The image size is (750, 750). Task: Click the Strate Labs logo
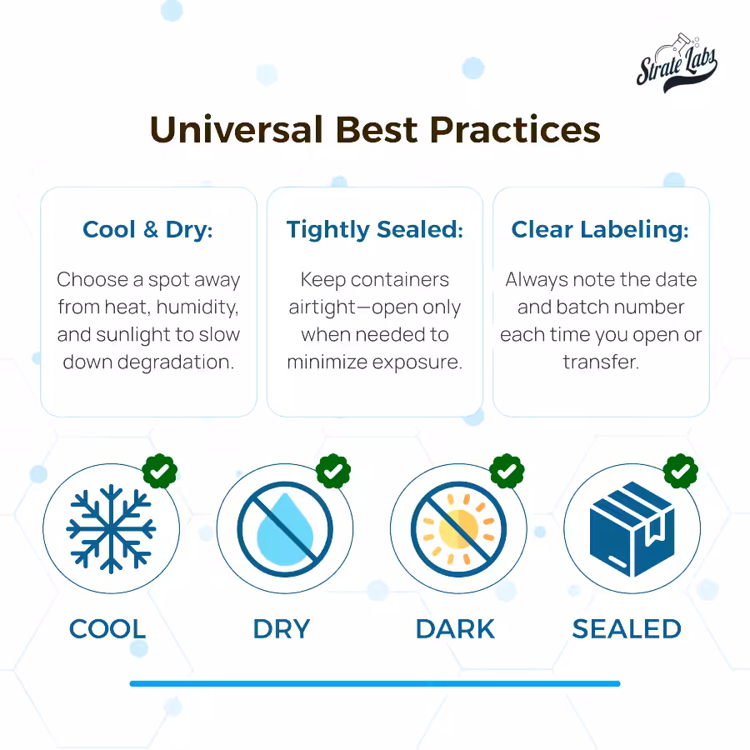coord(677,63)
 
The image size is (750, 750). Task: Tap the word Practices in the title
coord(515,130)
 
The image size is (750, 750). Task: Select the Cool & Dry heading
coord(147,230)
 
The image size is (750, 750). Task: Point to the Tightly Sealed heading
coord(375,230)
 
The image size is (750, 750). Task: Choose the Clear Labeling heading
coord(600,230)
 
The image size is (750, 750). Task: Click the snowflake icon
coord(111,528)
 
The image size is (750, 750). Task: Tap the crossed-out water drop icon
coord(285,529)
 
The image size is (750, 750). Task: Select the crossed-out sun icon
coord(458,529)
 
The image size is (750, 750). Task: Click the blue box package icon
coord(632,529)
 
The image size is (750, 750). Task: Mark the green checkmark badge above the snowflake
coord(160,471)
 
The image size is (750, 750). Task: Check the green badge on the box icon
coord(681,471)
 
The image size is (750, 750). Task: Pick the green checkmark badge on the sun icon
coord(507,471)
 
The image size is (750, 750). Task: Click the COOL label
coord(107,629)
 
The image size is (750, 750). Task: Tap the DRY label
coord(282,629)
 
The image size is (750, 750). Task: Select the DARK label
coord(455,629)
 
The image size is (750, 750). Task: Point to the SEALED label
coord(627,629)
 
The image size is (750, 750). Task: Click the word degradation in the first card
coord(176,362)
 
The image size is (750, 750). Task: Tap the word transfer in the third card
coord(601,362)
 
